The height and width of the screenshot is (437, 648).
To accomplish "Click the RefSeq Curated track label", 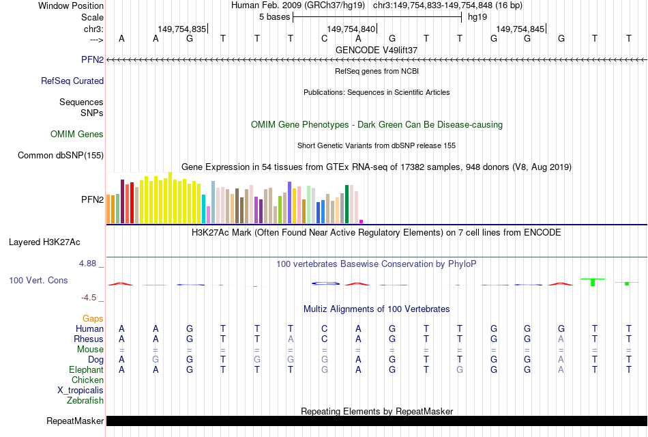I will click(72, 81).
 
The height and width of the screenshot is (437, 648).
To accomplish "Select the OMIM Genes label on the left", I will click(77, 135).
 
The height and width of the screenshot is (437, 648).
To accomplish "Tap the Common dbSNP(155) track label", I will click(61, 156).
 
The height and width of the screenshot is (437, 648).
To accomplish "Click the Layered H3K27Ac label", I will click(44, 242).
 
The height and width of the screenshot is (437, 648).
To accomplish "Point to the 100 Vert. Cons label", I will click(38, 280).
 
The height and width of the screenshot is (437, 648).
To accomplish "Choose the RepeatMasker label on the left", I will click(75, 421).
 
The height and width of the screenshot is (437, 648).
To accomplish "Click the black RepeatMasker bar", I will click(375, 421).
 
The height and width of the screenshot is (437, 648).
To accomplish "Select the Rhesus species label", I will click(89, 339).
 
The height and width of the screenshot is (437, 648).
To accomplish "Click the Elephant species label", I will click(87, 369).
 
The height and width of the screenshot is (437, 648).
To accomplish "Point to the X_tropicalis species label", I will click(80, 390).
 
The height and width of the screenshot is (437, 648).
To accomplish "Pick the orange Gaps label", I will click(93, 318).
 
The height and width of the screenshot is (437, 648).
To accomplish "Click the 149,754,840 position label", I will click(351, 29).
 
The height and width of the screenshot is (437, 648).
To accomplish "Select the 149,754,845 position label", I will click(520, 29).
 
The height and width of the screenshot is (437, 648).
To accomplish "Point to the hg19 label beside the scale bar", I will click(477, 16).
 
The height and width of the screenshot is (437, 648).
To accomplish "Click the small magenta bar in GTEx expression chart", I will click(362, 221).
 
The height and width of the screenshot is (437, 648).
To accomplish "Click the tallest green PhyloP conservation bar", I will click(593, 282).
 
